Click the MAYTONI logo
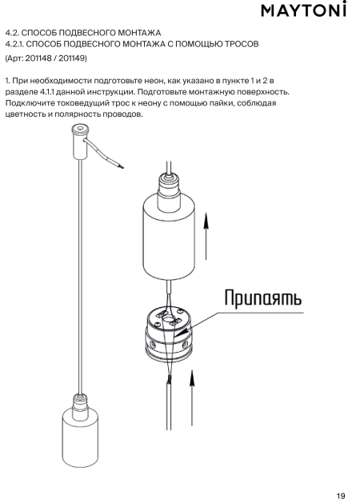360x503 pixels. coord(303,10)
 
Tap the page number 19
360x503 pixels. coord(341,495)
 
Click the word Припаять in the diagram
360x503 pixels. coord(262,298)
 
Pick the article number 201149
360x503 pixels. coord(71,58)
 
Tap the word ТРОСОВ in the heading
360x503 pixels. coord(242,44)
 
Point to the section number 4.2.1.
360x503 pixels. coord(14,44)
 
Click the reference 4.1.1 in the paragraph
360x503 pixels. coord(47,92)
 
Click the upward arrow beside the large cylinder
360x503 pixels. coord(206,237)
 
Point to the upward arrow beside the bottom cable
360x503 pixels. coord(191,398)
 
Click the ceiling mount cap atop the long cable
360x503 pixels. coord(79,142)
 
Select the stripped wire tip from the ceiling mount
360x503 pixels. coord(120,166)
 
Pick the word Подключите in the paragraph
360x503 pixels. coord(30,103)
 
